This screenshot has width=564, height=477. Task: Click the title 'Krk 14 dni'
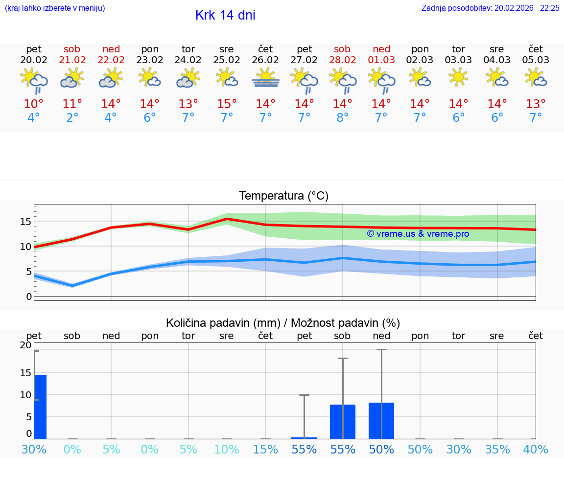(225, 15)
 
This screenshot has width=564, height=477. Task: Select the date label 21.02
(72, 60)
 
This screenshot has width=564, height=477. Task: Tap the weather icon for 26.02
(265, 78)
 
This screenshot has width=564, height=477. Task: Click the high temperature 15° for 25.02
(227, 104)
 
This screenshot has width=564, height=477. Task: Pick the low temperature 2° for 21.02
(72, 117)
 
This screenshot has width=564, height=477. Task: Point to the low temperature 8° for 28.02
(342, 117)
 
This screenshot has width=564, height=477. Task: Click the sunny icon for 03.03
(458, 77)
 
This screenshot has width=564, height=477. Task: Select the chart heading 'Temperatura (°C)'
(283, 196)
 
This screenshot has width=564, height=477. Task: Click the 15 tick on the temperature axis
(25, 221)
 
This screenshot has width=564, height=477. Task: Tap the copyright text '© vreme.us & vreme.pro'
(418, 234)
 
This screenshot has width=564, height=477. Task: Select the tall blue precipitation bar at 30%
(40, 407)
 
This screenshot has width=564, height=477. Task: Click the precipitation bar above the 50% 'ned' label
(381, 421)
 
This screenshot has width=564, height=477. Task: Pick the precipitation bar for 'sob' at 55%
(342, 422)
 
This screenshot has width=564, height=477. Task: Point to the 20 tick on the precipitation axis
(25, 345)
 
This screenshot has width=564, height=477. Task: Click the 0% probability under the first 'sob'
(72, 449)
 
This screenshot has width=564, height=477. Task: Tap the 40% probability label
(536, 449)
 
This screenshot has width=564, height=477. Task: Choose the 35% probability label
(497, 449)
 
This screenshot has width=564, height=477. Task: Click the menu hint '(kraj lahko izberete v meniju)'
(54, 8)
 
